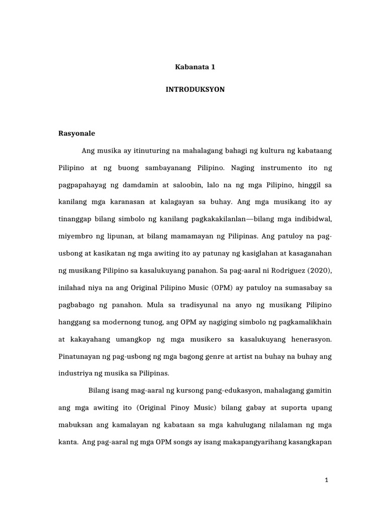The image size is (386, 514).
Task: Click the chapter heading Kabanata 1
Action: tap(193, 66)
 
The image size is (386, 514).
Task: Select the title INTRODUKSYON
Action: tap(193, 89)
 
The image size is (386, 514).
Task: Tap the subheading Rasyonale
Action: tap(77, 134)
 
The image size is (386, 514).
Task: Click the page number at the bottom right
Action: tap(326, 480)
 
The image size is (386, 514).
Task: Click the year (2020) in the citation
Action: tap(319, 270)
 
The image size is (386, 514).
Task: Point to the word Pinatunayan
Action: tap(79, 356)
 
